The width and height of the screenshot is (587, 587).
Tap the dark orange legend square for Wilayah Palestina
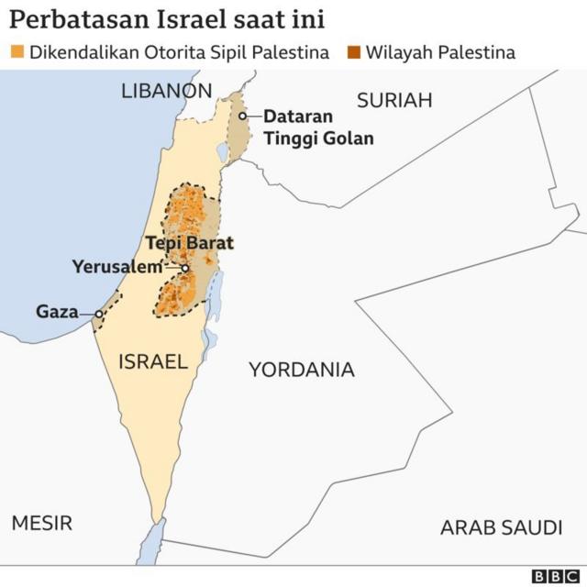tap(353, 52)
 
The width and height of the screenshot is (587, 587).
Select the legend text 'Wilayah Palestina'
tap(439, 52)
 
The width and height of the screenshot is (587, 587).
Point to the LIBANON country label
tap(166, 91)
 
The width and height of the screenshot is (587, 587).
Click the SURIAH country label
tap(393, 101)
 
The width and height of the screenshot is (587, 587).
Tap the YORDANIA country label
tap(301, 370)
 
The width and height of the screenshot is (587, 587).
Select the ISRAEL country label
tap(152, 361)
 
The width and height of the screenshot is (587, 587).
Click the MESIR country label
tap(41, 523)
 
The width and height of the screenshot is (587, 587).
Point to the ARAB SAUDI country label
tap(501, 527)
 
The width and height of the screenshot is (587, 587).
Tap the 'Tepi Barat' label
tap(190, 244)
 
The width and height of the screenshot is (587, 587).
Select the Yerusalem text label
tap(123, 268)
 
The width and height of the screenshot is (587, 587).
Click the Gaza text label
tap(56, 312)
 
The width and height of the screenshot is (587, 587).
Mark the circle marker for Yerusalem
tap(185, 268)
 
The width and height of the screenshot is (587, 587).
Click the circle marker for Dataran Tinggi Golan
tap(243, 116)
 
